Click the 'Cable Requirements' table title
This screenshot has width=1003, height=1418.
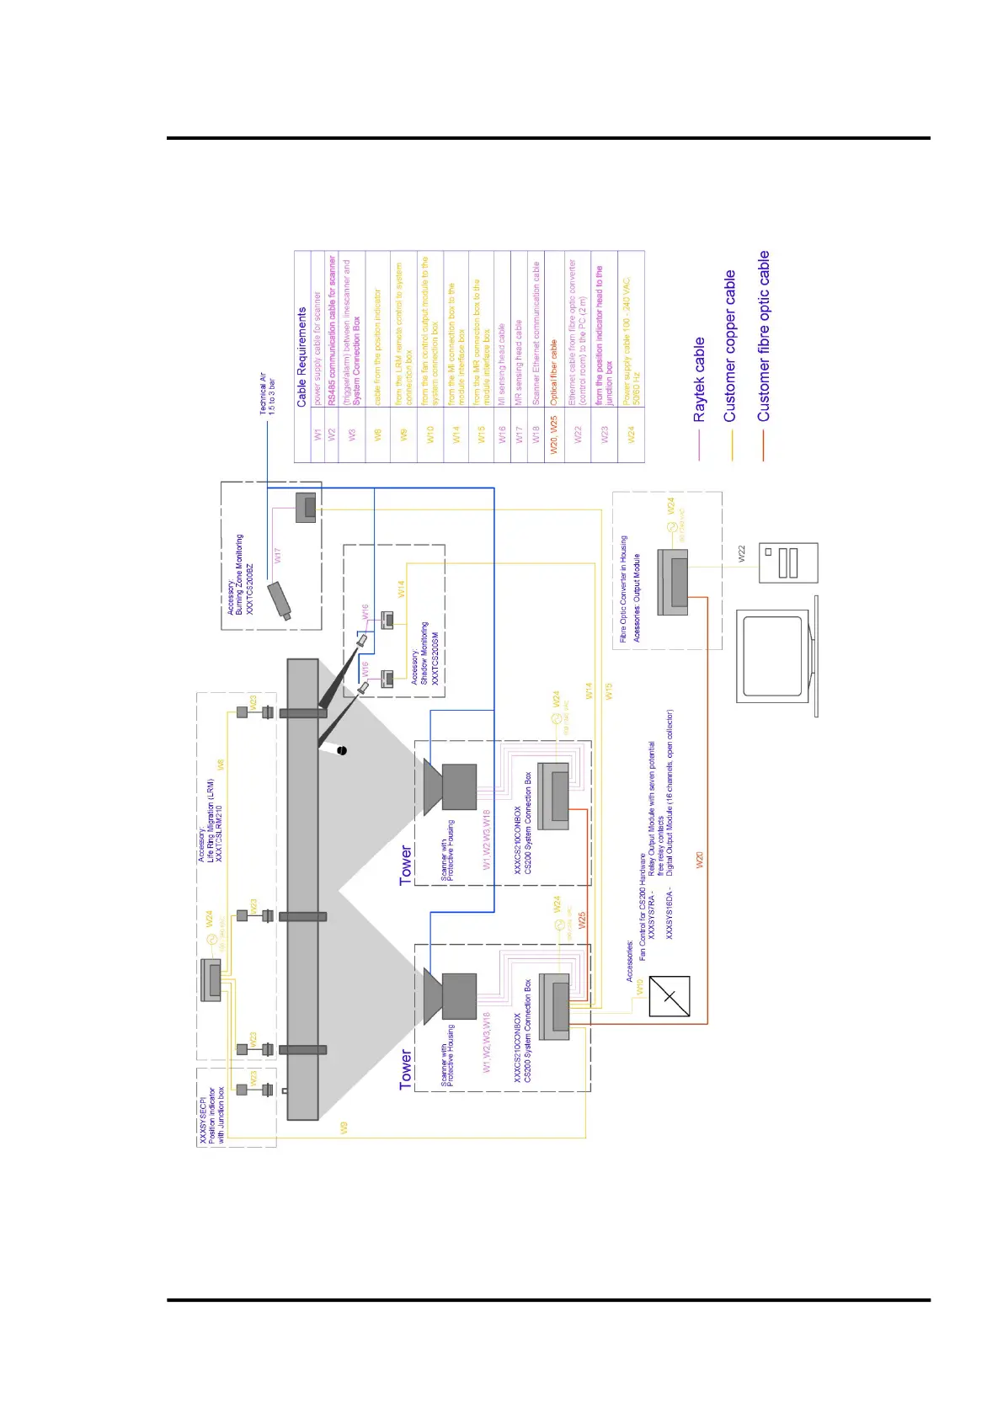(301, 357)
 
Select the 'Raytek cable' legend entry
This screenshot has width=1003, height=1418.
(699, 380)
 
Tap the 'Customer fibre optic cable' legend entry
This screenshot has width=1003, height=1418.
(763, 336)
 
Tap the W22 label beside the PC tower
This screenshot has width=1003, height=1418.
(742, 553)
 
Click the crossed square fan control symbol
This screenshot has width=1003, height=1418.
(670, 997)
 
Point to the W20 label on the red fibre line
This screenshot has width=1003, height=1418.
(699, 860)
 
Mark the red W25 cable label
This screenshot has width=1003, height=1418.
(582, 920)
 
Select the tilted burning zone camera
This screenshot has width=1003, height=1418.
(279, 600)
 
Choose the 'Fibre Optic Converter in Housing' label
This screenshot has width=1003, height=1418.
(623, 589)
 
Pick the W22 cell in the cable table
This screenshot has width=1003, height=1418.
(578, 434)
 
